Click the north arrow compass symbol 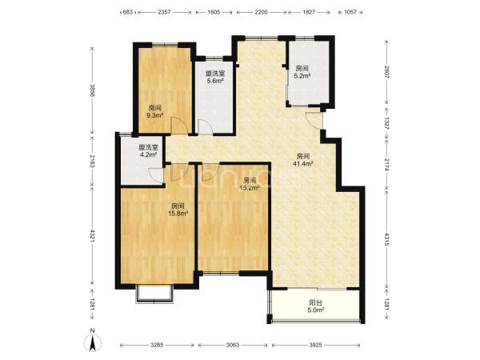94,341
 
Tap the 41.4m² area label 302,160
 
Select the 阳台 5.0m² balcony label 315,306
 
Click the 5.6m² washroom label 214,77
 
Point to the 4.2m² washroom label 148,150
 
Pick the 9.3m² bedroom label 154,112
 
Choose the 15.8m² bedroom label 178,210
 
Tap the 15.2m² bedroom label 250,184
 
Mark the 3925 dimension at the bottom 315,345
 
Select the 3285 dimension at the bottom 157,345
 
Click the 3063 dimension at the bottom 233,345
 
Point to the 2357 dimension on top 164,12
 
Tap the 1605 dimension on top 214,12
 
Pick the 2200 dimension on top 261,12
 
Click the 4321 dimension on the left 92,237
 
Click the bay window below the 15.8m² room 154,294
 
